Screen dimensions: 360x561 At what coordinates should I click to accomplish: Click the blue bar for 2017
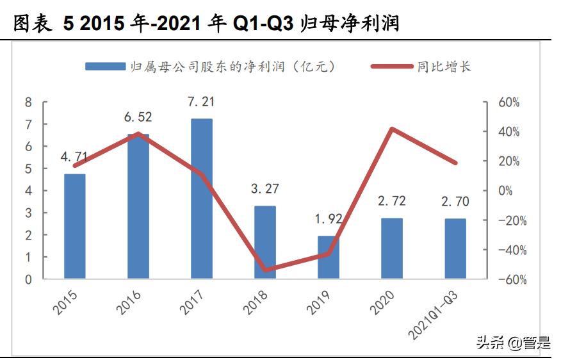click(201, 199)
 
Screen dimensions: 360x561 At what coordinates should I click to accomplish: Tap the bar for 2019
click(328, 257)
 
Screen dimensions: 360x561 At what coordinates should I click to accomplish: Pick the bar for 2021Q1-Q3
click(455, 249)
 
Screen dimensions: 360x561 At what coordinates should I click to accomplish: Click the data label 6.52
click(138, 117)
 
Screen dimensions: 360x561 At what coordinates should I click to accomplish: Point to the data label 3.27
click(264, 189)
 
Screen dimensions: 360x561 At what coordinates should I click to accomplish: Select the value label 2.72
click(391, 202)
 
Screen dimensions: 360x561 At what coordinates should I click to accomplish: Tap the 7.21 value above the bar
click(201, 102)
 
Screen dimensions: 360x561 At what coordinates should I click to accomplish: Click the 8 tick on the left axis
click(28, 102)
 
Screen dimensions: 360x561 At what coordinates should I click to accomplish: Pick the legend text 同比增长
click(444, 67)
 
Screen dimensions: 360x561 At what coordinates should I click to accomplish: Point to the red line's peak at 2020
click(391, 129)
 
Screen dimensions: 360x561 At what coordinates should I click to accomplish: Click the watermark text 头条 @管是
click(513, 342)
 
